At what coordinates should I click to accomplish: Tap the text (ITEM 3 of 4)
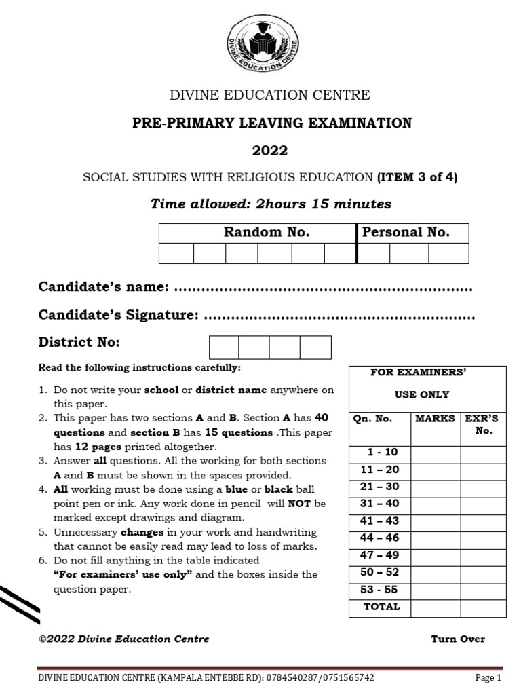417,177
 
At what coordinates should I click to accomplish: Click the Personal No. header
406,232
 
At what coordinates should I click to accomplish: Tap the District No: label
79,342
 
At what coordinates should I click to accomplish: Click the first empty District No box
224,347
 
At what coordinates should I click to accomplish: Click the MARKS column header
435,419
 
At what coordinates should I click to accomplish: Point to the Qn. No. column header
373,419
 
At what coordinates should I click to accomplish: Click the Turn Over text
458,639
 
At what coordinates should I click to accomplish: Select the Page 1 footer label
488,677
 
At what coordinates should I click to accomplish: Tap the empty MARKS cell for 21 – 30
435,487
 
